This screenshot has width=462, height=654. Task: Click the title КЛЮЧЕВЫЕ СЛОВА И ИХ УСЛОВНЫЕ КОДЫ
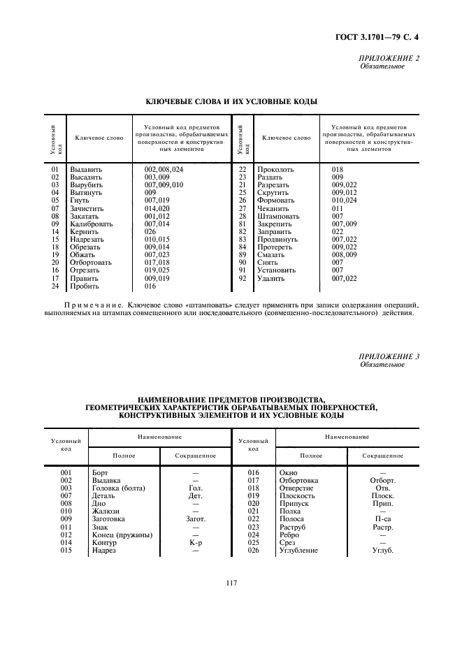(x=231, y=102)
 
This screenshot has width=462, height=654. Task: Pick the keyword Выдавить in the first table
(x=86, y=170)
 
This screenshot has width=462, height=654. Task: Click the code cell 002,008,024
(x=164, y=170)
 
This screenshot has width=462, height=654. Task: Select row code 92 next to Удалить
(x=242, y=278)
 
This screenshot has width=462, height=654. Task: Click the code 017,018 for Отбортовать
(x=157, y=263)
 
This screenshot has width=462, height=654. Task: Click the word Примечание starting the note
(x=84, y=305)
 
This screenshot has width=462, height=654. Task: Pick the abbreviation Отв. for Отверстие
(x=382, y=488)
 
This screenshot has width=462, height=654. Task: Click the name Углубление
(x=298, y=551)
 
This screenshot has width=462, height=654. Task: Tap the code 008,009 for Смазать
(x=343, y=255)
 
